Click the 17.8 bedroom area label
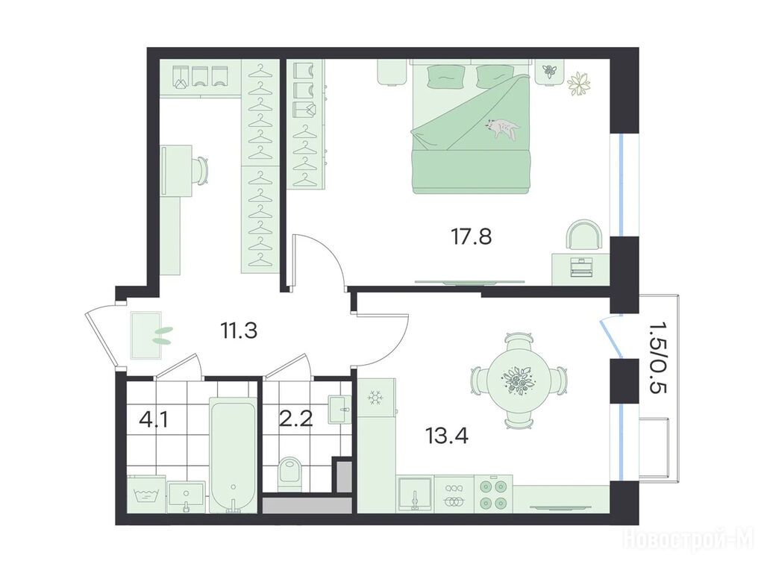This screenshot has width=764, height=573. [472, 237]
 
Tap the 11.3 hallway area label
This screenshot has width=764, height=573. [239, 331]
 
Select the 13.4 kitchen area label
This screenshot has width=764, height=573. [448, 436]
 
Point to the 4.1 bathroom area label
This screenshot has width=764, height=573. [154, 419]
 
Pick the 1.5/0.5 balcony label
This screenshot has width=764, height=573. [657, 358]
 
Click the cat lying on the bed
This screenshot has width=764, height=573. [502, 128]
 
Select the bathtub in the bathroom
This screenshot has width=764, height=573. [233, 454]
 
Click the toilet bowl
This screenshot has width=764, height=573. [290, 473]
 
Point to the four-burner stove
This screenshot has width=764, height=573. [494, 494]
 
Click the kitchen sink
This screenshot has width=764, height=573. [414, 494]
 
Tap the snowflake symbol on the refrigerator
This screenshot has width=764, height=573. [375, 398]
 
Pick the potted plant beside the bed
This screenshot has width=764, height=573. [579, 84]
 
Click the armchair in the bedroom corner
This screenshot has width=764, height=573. [584, 235]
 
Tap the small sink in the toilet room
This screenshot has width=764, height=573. [339, 408]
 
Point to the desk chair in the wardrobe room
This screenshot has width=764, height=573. [201, 170]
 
